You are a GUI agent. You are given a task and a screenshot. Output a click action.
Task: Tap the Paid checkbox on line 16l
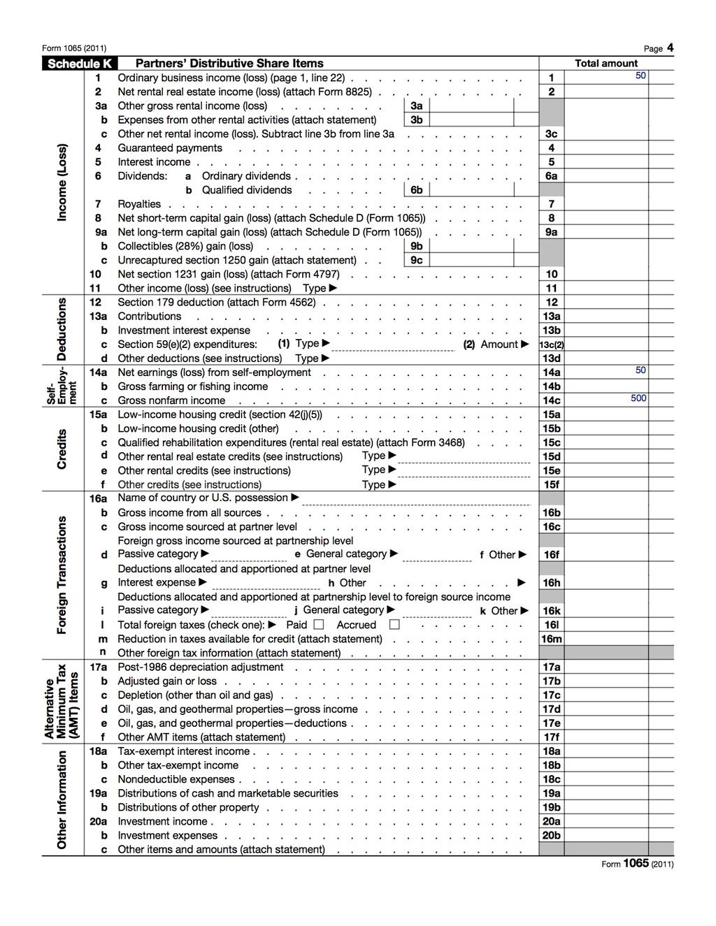319,625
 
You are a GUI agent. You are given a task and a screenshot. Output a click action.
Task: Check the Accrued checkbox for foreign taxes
394,625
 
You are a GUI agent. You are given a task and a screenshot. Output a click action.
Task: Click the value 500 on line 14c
638,398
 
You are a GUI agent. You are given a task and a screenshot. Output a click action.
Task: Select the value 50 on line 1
640,75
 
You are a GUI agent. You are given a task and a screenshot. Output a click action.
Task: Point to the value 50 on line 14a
640,370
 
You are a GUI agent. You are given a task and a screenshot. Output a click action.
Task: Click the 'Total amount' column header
606,64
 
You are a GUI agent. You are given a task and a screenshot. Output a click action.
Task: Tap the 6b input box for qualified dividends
471,190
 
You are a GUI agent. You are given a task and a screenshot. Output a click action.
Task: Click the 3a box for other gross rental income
471,106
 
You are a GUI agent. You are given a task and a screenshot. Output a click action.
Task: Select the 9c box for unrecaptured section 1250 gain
471,260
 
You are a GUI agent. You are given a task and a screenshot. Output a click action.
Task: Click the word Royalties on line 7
139,204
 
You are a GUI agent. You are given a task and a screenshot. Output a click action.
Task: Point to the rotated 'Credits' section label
62,449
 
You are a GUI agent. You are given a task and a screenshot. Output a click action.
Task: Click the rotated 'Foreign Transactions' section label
62,575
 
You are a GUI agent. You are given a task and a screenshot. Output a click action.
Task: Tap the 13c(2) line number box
552,345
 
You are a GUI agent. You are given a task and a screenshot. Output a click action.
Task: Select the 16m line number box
552,639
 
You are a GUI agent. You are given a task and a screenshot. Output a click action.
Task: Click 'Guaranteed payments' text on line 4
170,148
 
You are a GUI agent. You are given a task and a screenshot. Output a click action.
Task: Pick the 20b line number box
552,835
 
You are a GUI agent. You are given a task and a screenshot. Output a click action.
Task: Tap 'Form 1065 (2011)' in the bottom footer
637,864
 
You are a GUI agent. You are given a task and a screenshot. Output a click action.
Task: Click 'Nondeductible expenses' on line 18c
177,779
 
